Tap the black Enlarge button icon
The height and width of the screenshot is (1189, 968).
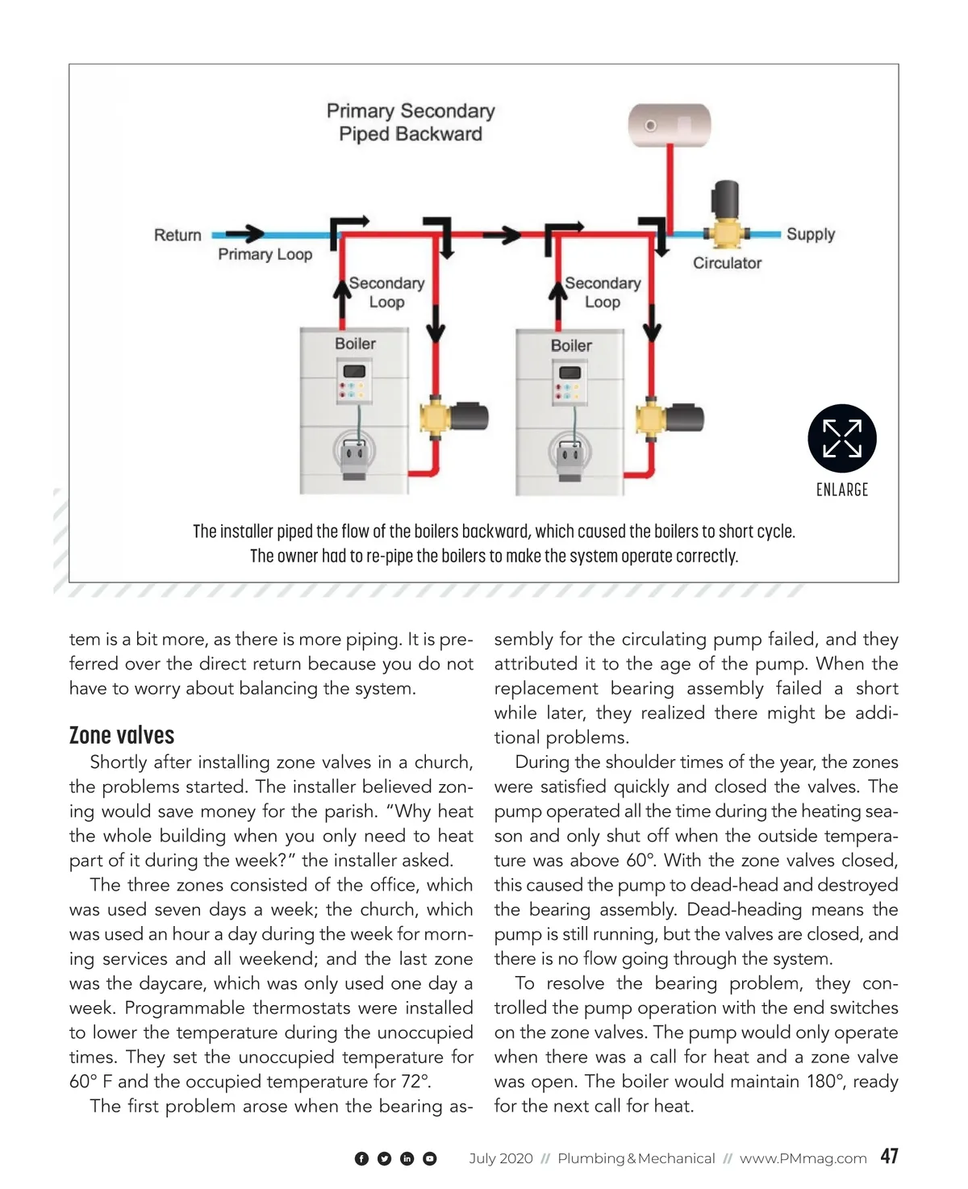[x=841, y=438]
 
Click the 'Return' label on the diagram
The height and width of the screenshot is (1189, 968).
[x=177, y=236]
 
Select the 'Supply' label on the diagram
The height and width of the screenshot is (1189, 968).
[x=810, y=234]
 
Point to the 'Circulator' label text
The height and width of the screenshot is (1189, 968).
[x=727, y=263]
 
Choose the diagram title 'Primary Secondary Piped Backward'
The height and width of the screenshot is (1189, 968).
[x=411, y=122]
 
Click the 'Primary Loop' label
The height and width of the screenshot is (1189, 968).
[x=265, y=254]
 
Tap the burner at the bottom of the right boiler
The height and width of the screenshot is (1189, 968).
[x=571, y=456]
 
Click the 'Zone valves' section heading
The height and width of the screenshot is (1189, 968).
[x=122, y=735]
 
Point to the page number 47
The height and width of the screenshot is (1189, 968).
[x=889, y=1156]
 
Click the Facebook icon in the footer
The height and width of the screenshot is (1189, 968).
[x=361, y=1158]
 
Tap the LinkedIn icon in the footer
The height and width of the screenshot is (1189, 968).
[x=407, y=1158]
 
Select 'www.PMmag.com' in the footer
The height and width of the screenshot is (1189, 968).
[x=803, y=1158]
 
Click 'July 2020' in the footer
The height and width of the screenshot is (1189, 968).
[x=501, y=1158]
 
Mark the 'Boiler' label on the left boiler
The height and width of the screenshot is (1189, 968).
[x=355, y=344]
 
